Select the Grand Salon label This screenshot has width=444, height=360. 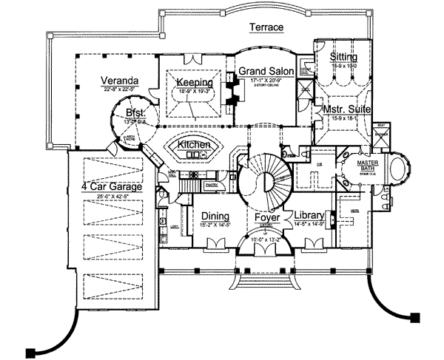click(x=266, y=72)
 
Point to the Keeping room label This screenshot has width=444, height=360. click(x=196, y=82)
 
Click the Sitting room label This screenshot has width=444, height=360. click(x=344, y=57)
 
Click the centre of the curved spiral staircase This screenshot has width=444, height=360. click(x=265, y=180)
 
